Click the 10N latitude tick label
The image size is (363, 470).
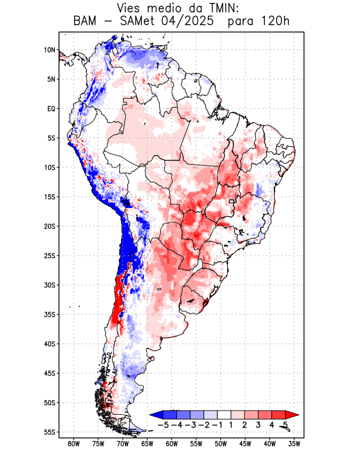click(x=49, y=50)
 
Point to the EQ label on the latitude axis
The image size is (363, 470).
click(x=51, y=109)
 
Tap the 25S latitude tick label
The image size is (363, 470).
click(x=49, y=256)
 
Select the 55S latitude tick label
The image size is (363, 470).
click(x=49, y=432)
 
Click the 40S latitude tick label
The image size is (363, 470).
click(x=49, y=344)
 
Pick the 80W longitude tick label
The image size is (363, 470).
click(x=74, y=444)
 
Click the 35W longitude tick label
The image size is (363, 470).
click(x=294, y=444)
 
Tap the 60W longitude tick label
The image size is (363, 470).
click(x=172, y=444)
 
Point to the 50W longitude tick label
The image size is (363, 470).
click(x=221, y=444)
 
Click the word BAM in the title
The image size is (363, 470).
click(x=86, y=22)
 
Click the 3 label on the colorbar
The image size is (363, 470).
click(x=258, y=424)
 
